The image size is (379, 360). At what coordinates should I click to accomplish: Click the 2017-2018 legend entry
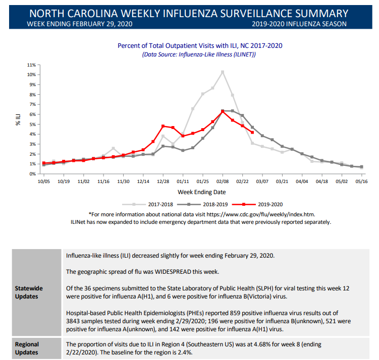point(148,205)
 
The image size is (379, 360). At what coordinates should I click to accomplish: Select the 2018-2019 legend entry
point(202,205)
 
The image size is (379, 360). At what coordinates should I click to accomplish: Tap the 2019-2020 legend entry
point(257,205)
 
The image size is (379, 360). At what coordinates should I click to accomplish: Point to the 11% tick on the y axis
point(31,65)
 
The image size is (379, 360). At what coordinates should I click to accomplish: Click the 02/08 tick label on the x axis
point(223,182)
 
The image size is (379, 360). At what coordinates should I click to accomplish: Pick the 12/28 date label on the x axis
point(163,182)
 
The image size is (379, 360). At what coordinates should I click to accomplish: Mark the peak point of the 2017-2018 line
point(223,72)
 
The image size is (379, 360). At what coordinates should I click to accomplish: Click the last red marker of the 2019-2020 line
point(252,132)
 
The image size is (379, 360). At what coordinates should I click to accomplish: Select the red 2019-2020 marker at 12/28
point(163,126)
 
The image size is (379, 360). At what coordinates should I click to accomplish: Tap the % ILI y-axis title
point(18,120)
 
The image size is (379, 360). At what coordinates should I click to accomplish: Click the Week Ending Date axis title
point(202,192)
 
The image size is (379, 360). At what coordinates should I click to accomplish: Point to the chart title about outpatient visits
point(200,46)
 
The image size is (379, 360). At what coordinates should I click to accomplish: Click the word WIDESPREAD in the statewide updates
point(173,272)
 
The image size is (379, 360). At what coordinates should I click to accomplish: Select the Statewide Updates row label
point(29,292)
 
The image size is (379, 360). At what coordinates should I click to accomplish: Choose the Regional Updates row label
point(27,348)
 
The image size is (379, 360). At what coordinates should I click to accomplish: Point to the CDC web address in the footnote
point(260,214)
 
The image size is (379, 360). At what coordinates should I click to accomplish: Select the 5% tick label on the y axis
point(32,125)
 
